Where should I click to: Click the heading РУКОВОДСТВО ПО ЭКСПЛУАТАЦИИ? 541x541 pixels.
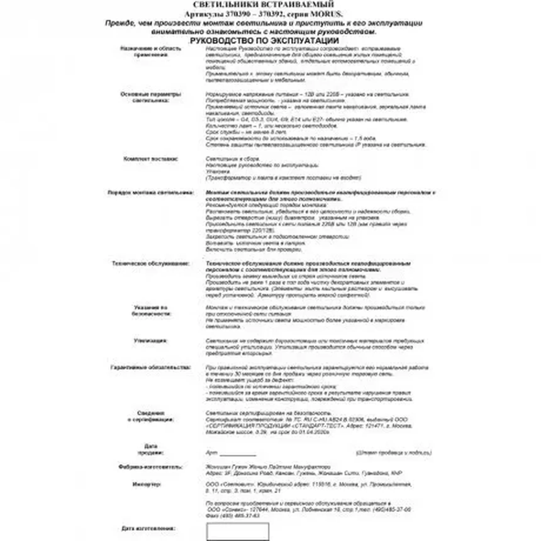click(264, 41)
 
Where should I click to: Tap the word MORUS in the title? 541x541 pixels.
click(326, 14)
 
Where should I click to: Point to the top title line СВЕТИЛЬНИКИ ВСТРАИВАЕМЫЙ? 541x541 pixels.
click(263, 4)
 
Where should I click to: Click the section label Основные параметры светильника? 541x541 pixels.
click(151, 97)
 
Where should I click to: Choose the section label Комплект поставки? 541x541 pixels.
click(150, 159)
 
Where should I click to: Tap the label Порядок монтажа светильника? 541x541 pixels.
click(151, 192)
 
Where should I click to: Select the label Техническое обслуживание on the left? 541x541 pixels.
click(151, 264)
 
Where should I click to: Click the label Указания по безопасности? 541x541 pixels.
click(151, 311)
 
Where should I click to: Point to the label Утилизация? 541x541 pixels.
click(150, 341)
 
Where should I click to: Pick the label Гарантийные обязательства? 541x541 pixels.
click(151, 367)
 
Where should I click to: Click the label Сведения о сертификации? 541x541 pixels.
click(151, 416)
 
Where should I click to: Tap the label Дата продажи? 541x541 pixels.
click(151, 449)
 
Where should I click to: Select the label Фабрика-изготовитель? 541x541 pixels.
click(150, 467)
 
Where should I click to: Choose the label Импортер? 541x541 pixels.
click(147, 484)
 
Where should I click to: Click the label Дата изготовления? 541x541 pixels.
click(148, 528)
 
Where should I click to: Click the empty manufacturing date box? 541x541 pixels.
click(238, 532)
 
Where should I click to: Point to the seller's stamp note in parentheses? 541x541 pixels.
click(393, 453)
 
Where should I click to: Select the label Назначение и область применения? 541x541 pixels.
click(151, 52)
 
